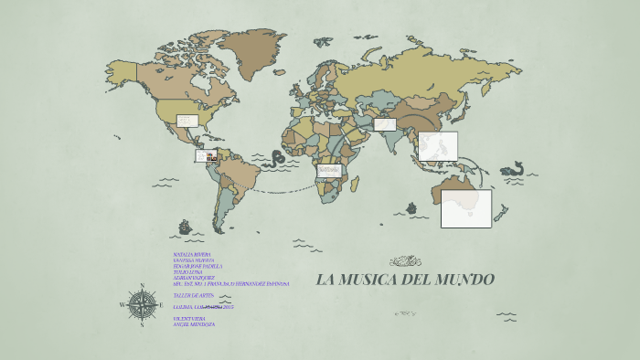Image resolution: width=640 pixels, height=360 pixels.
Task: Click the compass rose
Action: tap(141, 303)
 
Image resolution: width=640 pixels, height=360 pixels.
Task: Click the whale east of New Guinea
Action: tap(513, 169)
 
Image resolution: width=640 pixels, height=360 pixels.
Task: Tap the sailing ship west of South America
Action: tap(186, 225)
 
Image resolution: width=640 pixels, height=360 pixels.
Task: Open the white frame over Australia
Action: tap(465, 208)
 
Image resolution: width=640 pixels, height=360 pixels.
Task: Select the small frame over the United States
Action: tap(187, 121)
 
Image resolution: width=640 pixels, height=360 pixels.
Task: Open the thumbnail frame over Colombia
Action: tap(207, 156)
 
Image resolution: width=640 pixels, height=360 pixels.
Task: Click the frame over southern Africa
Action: tap(329, 170)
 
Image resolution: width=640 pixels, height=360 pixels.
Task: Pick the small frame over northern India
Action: tap(384, 124)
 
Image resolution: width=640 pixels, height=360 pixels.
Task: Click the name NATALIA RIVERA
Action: tap(192, 254)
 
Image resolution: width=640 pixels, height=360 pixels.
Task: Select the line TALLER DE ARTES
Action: tap(193, 296)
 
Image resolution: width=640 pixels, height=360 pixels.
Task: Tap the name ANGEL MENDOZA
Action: tap(194, 324)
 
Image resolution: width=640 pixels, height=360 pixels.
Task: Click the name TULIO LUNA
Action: tap(188, 271)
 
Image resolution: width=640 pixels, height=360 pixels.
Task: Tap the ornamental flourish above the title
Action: tap(405, 261)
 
